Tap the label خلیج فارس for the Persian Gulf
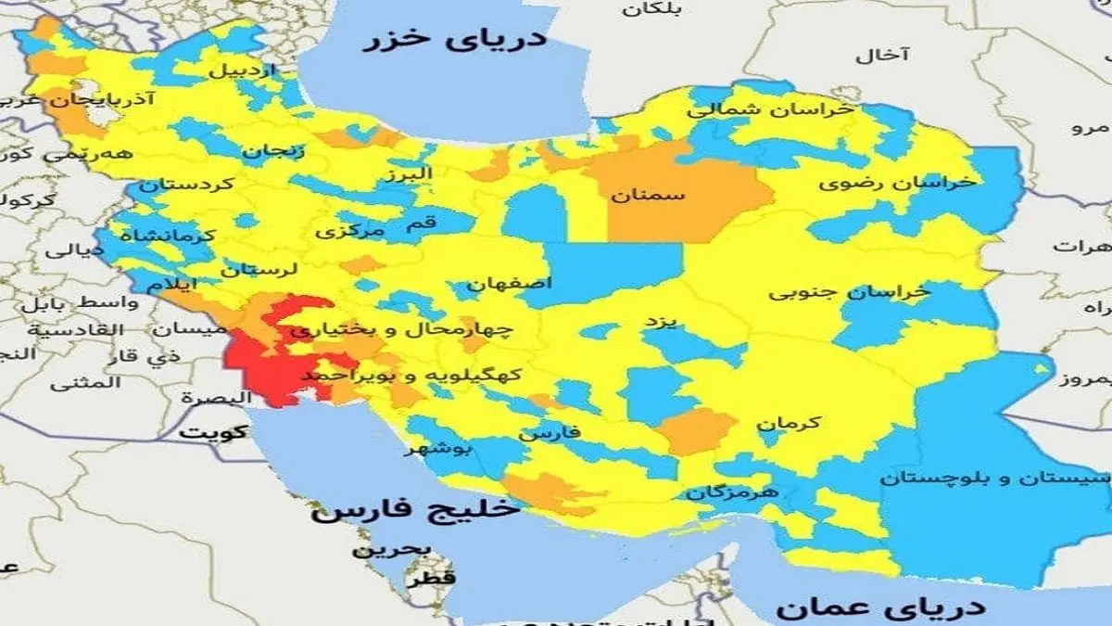416,509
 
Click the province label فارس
550,432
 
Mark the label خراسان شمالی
770,109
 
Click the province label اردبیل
242,70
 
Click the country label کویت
214,431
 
